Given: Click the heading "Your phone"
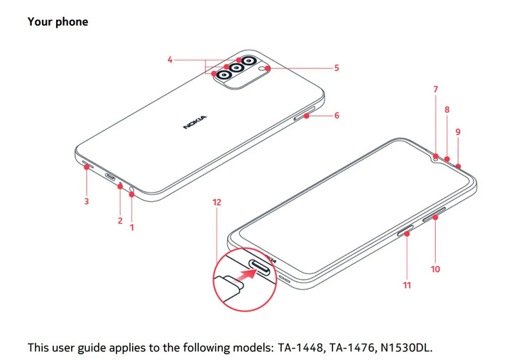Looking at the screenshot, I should tap(58, 22).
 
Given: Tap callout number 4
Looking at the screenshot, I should tap(170, 60).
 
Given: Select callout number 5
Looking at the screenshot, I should tap(337, 68).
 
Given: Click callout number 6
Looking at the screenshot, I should tap(337, 115).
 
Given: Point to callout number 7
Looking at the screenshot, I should tap(436, 89).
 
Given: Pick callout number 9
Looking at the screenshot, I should tap(458, 132).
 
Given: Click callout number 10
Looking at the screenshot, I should tap(435, 269).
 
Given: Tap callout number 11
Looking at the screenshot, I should tap(407, 285).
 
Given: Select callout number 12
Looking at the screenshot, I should tap(217, 202).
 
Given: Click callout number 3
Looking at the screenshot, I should tap(87, 202).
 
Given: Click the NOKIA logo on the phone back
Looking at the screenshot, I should tap(195, 122).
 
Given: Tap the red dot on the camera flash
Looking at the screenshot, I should tap(264, 69).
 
